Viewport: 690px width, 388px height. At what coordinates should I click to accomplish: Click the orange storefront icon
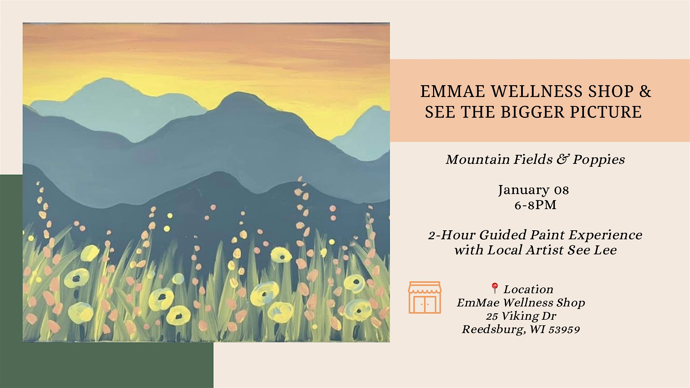point(425,297)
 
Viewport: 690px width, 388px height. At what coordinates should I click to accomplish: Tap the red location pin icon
point(495,288)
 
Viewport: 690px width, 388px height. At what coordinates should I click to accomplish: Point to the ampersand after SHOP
point(645,91)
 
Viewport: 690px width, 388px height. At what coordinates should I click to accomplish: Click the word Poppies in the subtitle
point(599,160)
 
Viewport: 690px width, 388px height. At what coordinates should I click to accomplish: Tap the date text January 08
point(533,190)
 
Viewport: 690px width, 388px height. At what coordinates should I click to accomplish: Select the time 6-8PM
point(535,205)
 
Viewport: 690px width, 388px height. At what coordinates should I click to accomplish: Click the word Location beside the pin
point(528,289)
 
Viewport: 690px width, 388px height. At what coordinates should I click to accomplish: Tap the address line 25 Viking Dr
point(521,316)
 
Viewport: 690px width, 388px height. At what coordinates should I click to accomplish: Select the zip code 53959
point(564,329)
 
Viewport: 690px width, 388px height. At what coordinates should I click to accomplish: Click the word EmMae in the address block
point(478,303)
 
